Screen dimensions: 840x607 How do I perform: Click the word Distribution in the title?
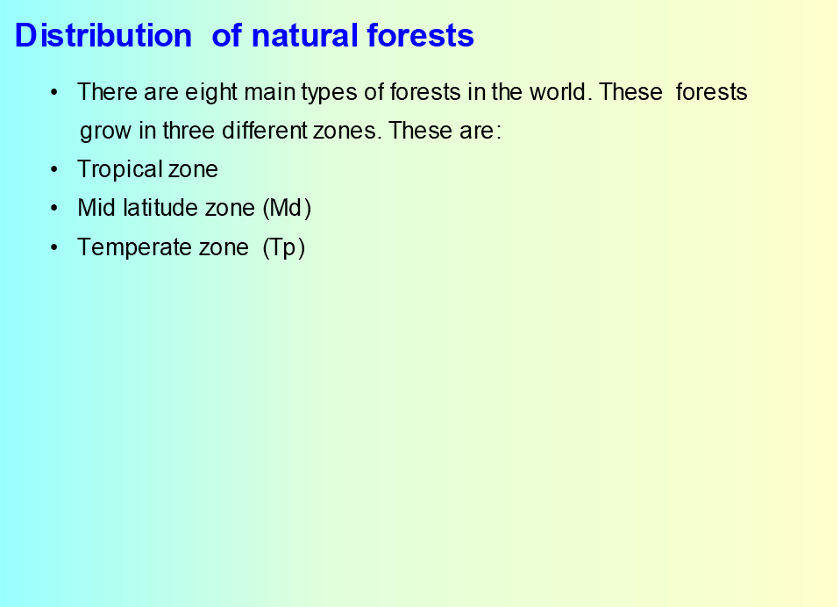tap(103, 36)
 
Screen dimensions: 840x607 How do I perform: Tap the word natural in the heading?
tap(305, 36)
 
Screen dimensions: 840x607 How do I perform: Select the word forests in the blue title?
tap(421, 36)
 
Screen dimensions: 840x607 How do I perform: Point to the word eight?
tap(211, 93)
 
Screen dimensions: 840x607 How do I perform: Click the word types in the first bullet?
tap(329, 93)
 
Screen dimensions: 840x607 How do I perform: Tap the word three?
tap(189, 130)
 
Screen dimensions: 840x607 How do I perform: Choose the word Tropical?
tap(119, 170)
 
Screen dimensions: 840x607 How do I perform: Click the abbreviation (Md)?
tap(287, 209)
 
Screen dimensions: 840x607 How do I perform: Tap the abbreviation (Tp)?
tap(284, 248)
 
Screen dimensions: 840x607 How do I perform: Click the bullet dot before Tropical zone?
tap(54, 170)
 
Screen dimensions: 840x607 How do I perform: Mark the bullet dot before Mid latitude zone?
tap(54, 209)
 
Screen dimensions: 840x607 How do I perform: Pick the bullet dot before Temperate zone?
tap(54, 247)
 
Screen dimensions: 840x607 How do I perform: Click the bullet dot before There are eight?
tap(54, 93)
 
